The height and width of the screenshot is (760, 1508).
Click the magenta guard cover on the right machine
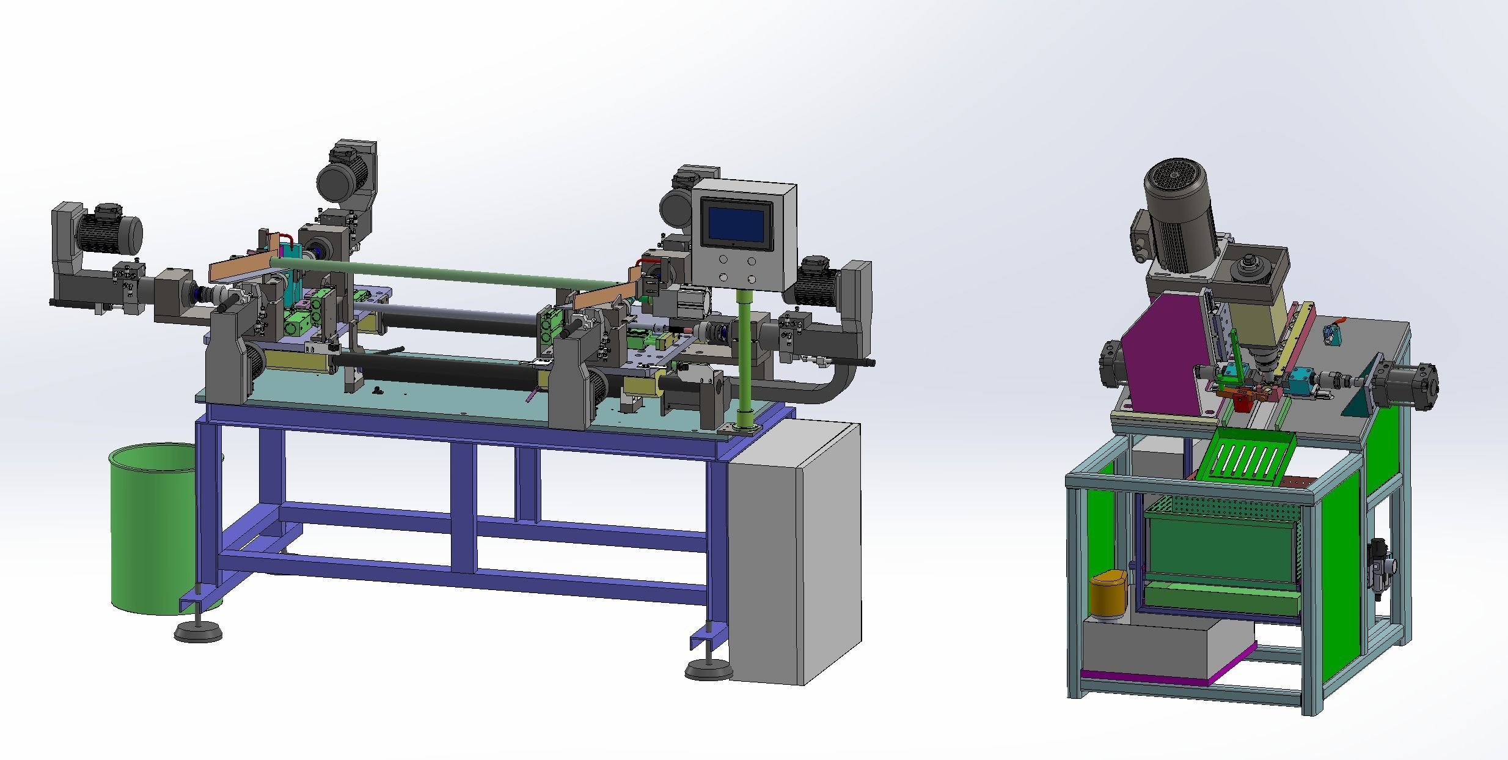coord(1155,361)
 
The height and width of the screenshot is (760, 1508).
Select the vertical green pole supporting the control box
coord(744,361)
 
